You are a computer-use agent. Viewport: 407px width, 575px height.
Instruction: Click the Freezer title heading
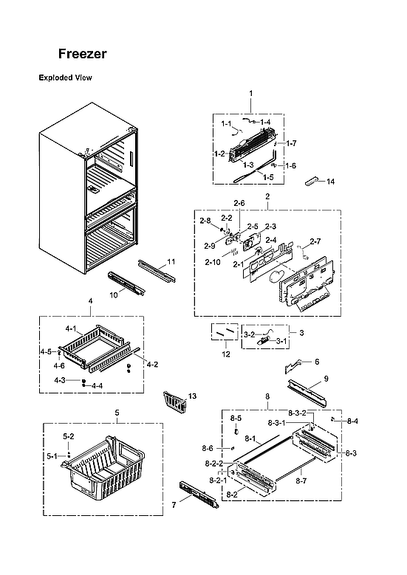coord(83,54)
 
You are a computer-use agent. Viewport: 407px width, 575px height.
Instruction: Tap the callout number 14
coord(330,181)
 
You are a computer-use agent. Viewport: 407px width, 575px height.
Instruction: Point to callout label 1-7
coord(291,142)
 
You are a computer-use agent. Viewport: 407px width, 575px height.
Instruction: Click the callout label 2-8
coord(205,220)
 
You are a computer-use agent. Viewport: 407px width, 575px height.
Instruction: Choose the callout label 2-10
coord(213,262)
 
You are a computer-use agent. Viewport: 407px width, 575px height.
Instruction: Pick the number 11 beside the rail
coord(171,262)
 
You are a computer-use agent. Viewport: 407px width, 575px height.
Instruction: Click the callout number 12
coord(226,354)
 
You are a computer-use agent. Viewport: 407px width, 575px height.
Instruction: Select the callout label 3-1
coord(281,341)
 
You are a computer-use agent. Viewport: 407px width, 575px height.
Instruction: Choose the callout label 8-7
coord(301,481)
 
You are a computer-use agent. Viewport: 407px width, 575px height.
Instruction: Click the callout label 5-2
coord(68,436)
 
